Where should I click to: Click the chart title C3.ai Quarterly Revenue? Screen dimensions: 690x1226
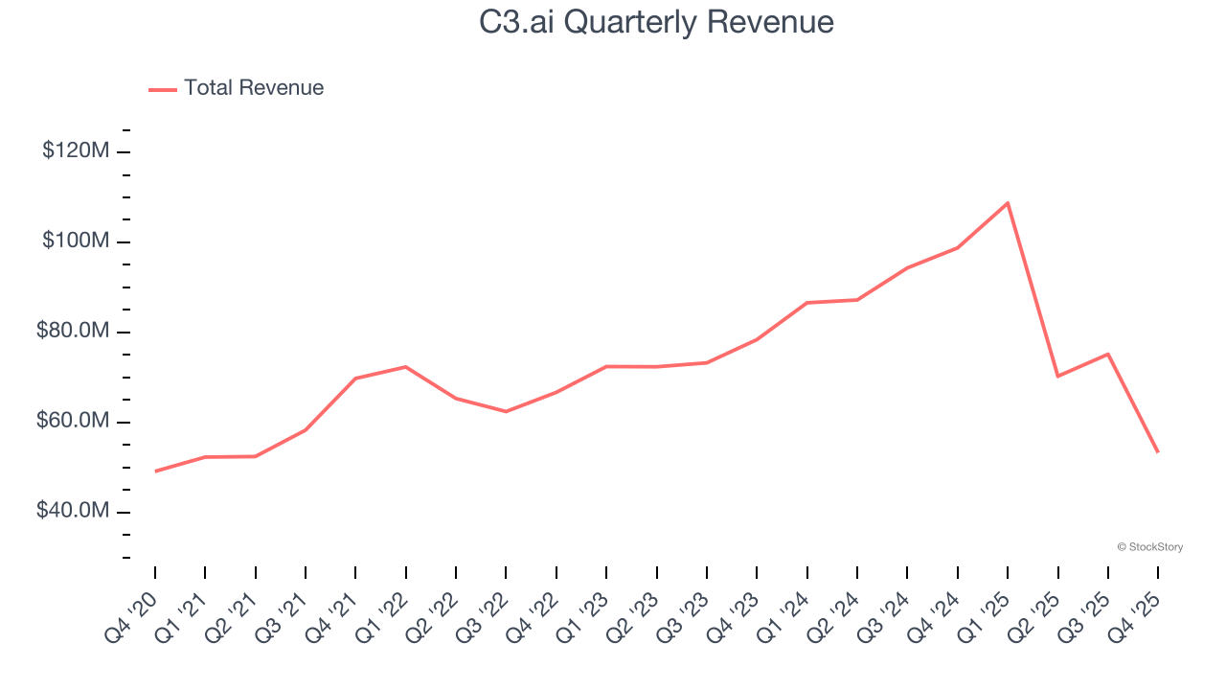click(656, 22)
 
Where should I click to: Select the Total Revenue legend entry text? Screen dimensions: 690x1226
click(254, 88)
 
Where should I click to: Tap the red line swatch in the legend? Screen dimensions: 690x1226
click(163, 89)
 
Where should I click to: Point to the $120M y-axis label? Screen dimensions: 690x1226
click(76, 151)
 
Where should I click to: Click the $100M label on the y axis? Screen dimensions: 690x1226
click(76, 241)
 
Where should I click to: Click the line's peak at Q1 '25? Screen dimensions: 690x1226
click(1008, 203)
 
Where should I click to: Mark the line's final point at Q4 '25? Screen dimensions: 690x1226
click(1157, 451)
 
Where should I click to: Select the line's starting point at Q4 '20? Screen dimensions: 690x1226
click(155, 471)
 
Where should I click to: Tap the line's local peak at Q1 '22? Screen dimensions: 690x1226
click(406, 367)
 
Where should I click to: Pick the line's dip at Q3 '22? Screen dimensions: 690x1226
click(506, 411)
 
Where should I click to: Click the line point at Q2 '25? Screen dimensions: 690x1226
click(1057, 376)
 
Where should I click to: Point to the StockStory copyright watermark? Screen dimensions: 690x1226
click(1149, 547)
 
